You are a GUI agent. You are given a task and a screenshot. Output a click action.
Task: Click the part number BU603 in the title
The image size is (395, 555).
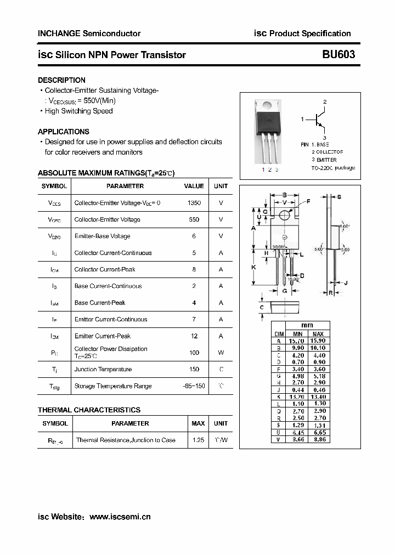tap(338, 54)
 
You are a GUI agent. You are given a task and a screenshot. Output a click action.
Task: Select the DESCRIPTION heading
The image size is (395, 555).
tap(61, 80)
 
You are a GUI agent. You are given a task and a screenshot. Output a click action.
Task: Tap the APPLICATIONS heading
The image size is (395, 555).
tap(63, 132)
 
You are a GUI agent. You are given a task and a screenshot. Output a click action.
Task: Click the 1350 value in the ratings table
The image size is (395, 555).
tap(194, 203)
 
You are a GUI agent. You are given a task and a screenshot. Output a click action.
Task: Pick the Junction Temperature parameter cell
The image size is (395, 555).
tap(103, 370)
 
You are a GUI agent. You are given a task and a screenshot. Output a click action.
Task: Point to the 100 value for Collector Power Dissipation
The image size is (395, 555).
tap(194, 353)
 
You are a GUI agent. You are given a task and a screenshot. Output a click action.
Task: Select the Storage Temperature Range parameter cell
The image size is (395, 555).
tap(112, 386)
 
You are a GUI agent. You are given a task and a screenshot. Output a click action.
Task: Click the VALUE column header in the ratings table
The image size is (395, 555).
tap(194, 186)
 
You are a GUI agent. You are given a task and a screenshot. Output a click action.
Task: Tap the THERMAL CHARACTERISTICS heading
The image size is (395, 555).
tap(89, 410)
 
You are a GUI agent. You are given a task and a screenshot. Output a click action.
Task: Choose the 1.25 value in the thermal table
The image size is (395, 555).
tap(198, 440)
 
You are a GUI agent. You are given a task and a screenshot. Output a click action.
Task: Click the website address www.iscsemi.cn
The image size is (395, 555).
tap(120, 517)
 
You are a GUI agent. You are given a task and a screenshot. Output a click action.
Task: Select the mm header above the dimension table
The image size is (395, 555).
tap(307, 325)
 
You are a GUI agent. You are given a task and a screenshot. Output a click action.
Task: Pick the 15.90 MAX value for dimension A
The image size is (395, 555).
tap(318, 341)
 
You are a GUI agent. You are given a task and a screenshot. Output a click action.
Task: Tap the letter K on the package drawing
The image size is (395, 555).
tap(253, 267)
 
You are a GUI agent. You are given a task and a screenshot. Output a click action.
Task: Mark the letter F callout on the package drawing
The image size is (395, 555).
tap(308, 202)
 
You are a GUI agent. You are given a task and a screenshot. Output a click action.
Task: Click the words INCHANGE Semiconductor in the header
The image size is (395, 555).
tap(89, 33)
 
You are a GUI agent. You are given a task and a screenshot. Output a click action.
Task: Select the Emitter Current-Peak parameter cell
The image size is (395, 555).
tap(102, 336)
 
